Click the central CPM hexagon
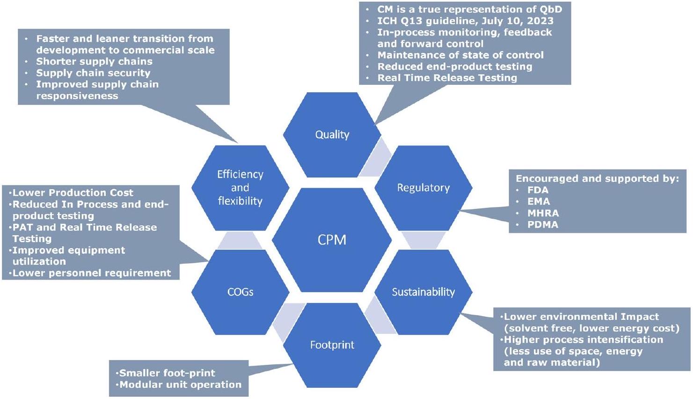point(332,240)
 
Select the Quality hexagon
point(332,135)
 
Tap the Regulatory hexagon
point(423,188)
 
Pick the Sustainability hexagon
point(423,292)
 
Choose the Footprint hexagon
point(332,345)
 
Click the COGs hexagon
point(240,292)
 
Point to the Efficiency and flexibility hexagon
point(240,188)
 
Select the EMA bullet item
point(539,201)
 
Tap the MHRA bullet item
point(543,213)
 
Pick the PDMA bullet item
point(543,225)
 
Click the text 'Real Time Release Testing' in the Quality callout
point(447,78)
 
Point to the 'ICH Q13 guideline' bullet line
point(465,21)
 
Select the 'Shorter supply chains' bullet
point(94,61)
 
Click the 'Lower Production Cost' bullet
point(73,193)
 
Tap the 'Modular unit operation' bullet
point(180,384)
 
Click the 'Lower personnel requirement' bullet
point(92,273)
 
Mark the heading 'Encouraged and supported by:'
point(597,178)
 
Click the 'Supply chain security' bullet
point(93,73)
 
